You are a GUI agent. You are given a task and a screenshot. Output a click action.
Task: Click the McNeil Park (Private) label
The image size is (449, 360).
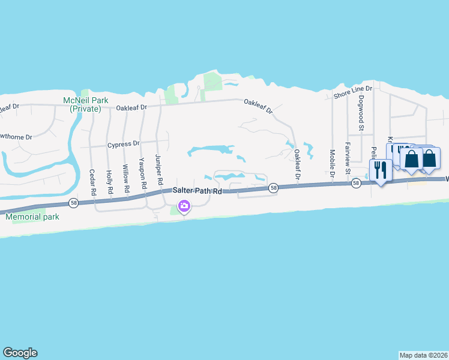[85, 104]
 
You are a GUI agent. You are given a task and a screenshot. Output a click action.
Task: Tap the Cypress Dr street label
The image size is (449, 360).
[123, 144]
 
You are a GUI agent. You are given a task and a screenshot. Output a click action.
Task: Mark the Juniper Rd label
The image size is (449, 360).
[159, 169]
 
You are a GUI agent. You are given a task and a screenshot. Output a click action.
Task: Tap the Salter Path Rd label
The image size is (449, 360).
[197, 190]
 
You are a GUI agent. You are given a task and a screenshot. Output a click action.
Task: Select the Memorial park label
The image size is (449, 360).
[32, 217]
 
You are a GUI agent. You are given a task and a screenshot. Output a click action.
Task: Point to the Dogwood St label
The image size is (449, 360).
[361, 112]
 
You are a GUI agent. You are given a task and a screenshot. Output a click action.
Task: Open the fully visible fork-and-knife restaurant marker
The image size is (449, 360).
[380, 170]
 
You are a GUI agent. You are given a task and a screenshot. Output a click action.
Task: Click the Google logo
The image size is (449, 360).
[20, 353]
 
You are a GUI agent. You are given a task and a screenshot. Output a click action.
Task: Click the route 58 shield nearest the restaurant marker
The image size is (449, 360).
[356, 183]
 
